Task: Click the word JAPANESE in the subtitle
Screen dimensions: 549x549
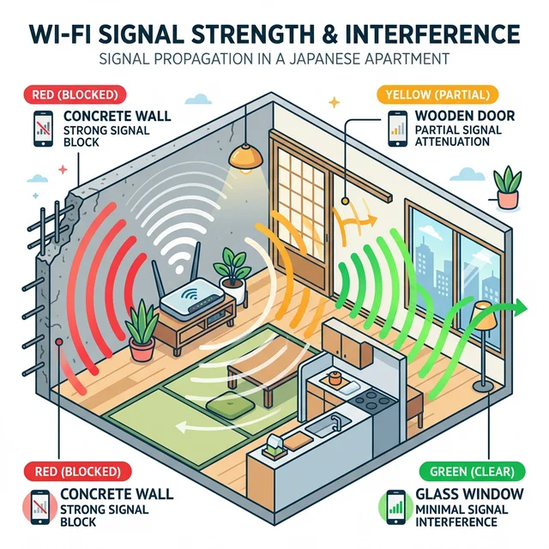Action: tap(346, 59)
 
